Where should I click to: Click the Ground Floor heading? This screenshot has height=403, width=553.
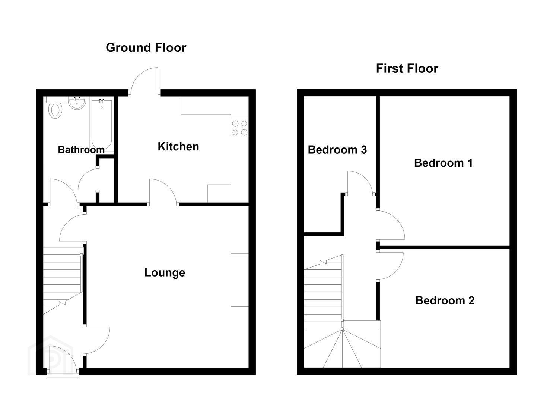(146, 47)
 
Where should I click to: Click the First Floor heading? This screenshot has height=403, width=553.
(407, 68)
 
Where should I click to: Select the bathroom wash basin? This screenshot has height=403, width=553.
(77, 103)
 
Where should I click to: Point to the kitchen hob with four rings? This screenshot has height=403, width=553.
(240, 128)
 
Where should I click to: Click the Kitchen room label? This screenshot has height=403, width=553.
(178, 146)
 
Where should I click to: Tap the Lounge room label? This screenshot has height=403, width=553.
(165, 272)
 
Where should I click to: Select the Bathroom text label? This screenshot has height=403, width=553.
(81, 149)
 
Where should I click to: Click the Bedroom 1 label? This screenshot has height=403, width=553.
(444, 163)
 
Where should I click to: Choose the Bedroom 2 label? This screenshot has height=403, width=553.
(445, 301)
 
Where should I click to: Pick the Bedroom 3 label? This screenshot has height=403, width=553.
(337, 150)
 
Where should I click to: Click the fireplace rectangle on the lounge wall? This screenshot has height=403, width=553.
(239, 280)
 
